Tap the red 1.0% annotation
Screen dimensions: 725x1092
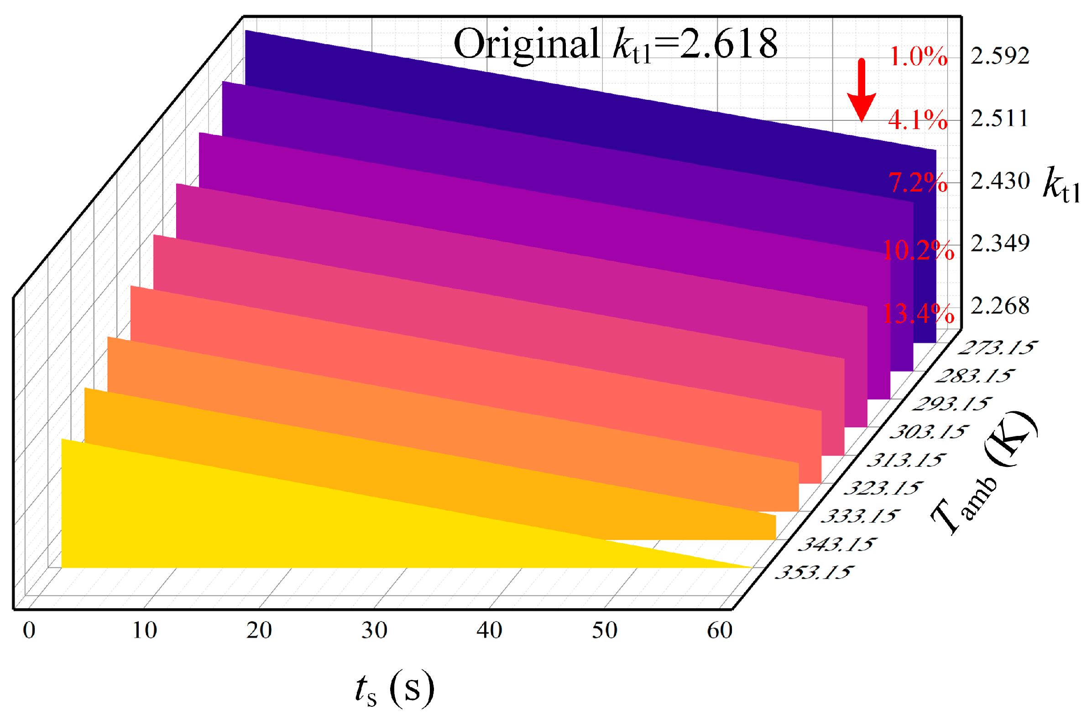point(918,57)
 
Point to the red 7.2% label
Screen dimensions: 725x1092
point(918,183)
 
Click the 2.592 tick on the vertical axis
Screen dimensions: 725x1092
point(999,57)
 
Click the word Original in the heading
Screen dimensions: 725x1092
point(526,44)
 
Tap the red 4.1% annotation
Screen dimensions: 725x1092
point(918,121)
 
